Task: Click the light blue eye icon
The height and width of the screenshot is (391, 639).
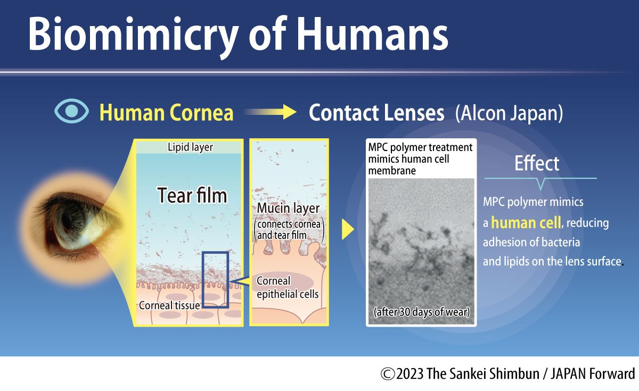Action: click(71, 112)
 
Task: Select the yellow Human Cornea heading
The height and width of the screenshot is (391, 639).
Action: click(166, 113)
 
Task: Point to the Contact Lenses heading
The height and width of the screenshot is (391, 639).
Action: click(376, 113)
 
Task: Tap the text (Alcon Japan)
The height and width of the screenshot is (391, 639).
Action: click(509, 113)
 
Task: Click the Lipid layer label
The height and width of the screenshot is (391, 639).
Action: click(190, 147)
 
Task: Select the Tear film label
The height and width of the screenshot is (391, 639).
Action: click(192, 195)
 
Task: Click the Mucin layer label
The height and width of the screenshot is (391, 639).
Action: click(288, 208)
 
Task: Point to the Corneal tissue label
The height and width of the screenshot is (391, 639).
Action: click(169, 305)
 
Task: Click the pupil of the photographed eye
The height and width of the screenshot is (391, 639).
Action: click(69, 220)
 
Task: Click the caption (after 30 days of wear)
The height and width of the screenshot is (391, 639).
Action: click(421, 312)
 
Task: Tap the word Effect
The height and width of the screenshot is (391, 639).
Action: click(536, 163)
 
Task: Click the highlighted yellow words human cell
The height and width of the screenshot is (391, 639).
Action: click(526, 222)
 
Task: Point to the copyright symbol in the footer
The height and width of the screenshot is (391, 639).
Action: click(387, 373)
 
